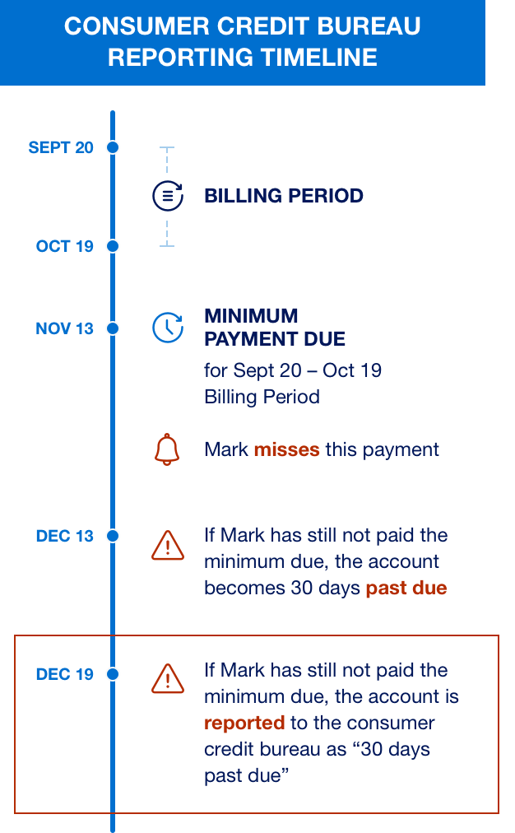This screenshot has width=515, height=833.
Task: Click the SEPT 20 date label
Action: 61,147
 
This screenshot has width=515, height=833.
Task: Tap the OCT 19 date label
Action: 64,246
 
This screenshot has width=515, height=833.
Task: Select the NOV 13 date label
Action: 64,328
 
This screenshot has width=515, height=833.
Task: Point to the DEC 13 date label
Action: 64,536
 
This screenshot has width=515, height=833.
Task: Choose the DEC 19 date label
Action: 64,674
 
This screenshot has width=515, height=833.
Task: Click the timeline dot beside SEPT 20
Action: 113,147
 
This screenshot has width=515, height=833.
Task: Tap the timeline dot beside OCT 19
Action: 113,246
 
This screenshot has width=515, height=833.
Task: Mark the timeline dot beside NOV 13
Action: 113,328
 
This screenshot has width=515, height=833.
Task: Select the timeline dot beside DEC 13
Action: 113,536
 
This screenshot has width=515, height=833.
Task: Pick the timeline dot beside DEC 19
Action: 113,674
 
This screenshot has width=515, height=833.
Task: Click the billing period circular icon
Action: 168,196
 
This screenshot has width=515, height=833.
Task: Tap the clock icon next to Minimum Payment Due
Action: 168,327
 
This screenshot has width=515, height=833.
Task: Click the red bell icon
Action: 167,449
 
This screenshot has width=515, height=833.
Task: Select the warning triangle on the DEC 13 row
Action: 168,545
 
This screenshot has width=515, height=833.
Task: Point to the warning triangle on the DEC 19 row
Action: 168,678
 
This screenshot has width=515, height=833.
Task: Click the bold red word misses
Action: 286,449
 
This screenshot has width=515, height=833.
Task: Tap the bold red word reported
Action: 244,723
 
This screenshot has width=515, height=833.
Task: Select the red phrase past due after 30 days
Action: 406,588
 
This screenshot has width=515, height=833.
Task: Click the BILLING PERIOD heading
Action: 284,196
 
